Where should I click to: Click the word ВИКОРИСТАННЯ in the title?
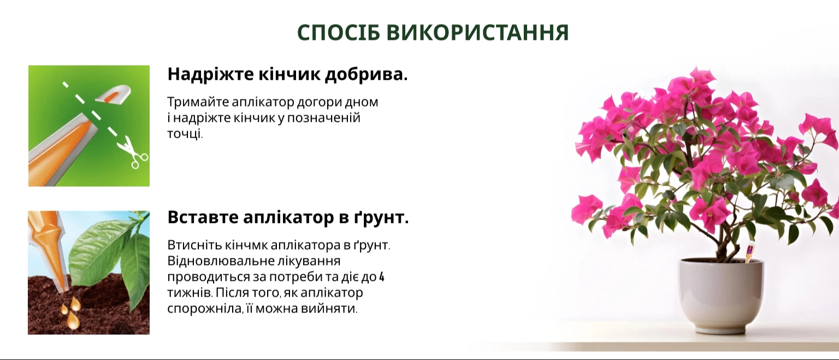pyautogui.click(x=477, y=32)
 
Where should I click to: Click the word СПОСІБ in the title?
pyautogui.click(x=339, y=32)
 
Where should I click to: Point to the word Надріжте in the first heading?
pyautogui.click(x=210, y=74)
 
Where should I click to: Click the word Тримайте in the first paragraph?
pyautogui.click(x=198, y=102)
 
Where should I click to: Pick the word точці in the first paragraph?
pyautogui.click(x=184, y=134)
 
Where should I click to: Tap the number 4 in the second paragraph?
pyautogui.click(x=382, y=277)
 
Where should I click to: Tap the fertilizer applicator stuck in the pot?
pyautogui.click(x=749, y=252)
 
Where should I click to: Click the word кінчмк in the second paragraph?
pyautogui.click(x=246, y=245)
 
